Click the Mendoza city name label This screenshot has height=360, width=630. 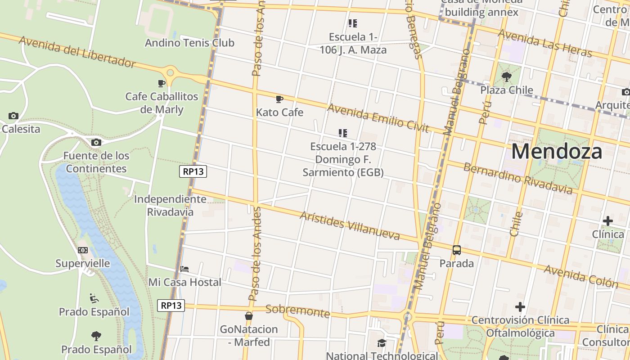556,152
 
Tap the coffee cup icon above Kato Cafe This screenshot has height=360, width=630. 279,99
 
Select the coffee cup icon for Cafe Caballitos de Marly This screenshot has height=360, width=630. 162,83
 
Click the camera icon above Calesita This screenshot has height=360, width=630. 13,116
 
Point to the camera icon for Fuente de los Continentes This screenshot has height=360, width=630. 96,143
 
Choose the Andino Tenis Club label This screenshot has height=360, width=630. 189,43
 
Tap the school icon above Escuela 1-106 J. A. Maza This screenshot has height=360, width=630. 353,23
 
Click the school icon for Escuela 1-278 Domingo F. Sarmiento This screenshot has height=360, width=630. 343,133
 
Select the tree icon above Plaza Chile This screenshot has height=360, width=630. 506,76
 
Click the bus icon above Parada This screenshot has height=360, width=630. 456,250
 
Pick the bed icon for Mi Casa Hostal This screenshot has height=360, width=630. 184,269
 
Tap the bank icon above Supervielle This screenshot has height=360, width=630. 83,250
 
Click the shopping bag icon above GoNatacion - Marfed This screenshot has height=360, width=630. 248,316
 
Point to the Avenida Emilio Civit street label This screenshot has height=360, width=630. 378,118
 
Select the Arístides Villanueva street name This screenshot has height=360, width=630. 350,225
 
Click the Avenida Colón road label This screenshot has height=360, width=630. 581,276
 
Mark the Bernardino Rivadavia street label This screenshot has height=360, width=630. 517,179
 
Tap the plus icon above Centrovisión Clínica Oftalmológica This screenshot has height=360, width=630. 520,307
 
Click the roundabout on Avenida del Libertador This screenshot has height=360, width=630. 170,72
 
